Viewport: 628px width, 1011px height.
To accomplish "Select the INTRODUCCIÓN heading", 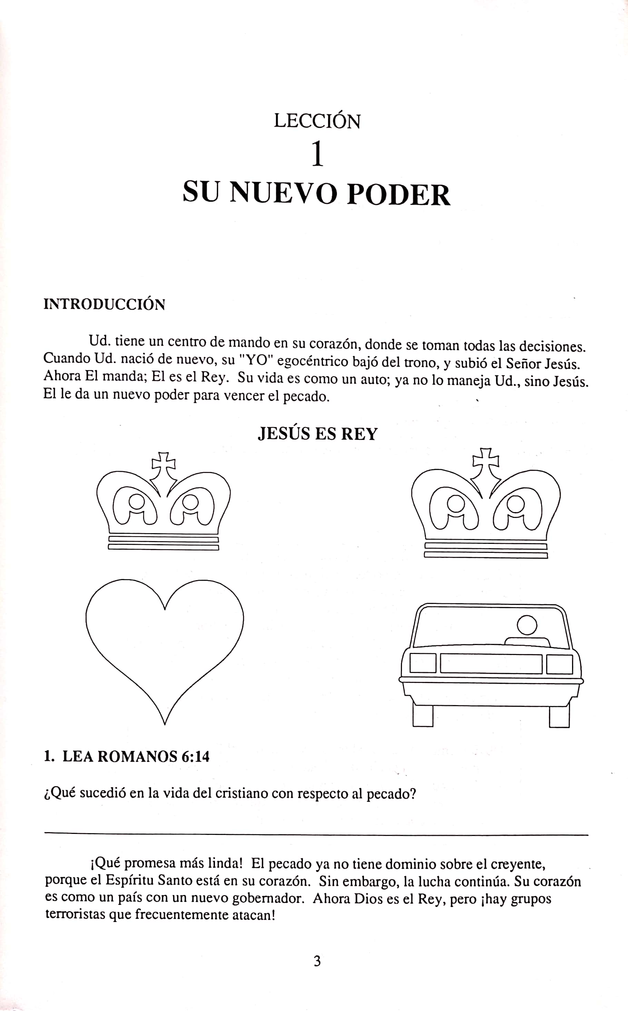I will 104,305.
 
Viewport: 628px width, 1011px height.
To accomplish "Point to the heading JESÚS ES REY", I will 317,434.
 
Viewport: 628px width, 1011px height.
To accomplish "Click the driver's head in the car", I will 527,625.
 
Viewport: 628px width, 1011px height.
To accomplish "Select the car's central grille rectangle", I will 491,664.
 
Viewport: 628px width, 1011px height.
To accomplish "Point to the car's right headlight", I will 559,664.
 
